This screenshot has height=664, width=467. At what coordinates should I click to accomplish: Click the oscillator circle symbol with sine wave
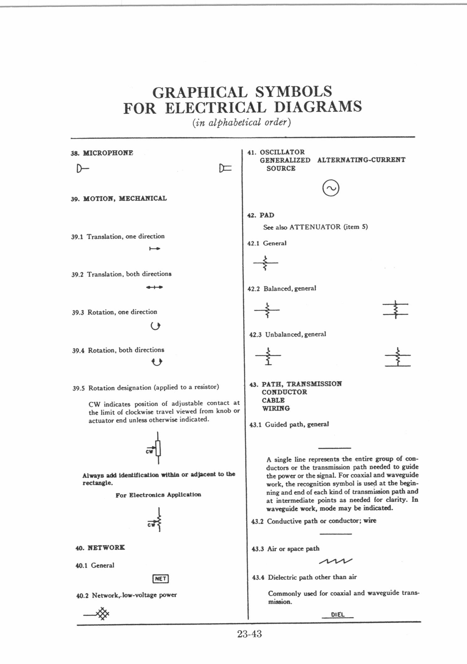click(x=331, y=188)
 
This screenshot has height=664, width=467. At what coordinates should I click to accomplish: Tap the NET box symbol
click(x=160, y=579)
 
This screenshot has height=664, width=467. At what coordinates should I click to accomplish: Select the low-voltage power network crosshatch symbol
click(x=102, y=614)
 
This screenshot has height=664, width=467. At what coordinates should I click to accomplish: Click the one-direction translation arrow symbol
click(x=155, y=249)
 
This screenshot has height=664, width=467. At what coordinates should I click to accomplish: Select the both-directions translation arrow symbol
click(x=154, y=287)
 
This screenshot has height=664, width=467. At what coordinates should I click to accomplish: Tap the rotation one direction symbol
click(x=155, y=327)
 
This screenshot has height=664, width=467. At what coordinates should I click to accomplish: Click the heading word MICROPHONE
click(x=108, y=153)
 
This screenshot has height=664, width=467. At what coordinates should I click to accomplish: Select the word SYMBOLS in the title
click(x=293, y=92)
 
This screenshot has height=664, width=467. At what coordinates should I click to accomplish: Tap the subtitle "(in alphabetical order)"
click(x=242, y=122)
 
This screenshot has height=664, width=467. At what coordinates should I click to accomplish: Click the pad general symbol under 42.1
click(x=266, y=263)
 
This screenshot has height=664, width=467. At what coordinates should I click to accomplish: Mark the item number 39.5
click(x=78, y=388)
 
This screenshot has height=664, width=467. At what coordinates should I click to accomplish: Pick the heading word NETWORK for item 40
click(x=106, y=548)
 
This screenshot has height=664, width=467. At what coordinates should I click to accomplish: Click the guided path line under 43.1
click(x=334, y=448)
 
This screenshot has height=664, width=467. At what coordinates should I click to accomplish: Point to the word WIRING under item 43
click(x=276, y=408)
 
